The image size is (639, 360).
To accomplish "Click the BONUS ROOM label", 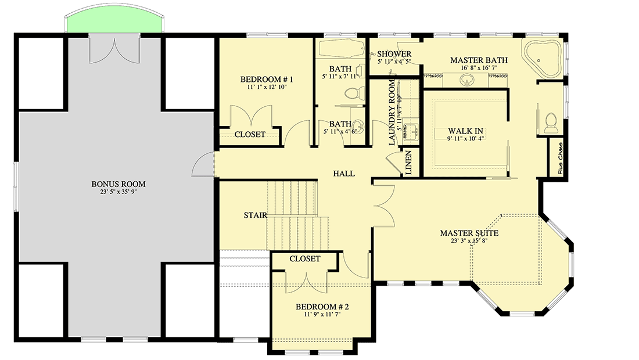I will pos(118,184).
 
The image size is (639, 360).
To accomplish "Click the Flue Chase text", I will pos(561,158).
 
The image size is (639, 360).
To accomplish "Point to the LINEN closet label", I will pos(408,163).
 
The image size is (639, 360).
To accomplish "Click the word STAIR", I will pos(256,215).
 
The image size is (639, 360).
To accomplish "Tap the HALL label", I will pos(344,174).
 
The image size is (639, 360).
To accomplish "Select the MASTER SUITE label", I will pos(469,233).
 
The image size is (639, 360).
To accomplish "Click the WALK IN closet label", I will pos(466,131).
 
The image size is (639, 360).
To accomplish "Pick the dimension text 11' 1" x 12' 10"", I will pos(267,87).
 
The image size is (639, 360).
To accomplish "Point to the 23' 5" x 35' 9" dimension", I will pos(118,193).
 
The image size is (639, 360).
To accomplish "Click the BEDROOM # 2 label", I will pos(322,307).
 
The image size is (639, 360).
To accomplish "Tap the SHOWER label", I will pos(394,54).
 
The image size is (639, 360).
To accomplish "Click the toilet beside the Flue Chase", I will pos(550,120).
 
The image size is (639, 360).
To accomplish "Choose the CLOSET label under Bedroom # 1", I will pos(250,134).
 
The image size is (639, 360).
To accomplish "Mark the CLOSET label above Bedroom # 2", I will pos(304,258).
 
